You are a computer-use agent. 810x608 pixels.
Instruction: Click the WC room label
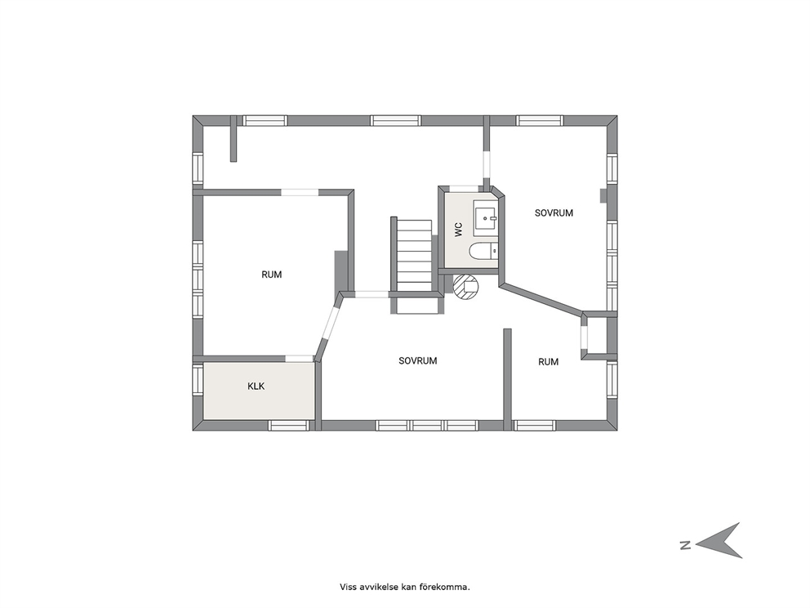point(459,230)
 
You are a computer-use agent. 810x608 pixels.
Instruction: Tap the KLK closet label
point(256,387)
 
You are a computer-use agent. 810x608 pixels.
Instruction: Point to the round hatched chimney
point(466,287)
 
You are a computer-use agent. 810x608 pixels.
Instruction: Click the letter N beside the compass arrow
point(686,544)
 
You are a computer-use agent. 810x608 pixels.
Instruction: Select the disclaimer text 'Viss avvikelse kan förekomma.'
point(405,587)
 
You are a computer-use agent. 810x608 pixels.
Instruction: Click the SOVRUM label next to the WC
point(554,213)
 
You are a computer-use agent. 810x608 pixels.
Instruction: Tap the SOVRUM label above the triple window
point(418,361)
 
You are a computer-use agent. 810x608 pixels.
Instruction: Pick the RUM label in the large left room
point(272,275)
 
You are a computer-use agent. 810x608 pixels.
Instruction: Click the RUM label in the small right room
point(549,362)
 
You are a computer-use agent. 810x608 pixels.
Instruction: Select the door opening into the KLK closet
point(300,358)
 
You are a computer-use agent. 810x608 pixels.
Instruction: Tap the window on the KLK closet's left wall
point(198,380)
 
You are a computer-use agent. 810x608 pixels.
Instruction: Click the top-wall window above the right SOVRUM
point(540,120)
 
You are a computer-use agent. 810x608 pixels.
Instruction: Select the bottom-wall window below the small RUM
point(534,426)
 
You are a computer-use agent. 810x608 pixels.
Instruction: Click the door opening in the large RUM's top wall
point(300,192)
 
